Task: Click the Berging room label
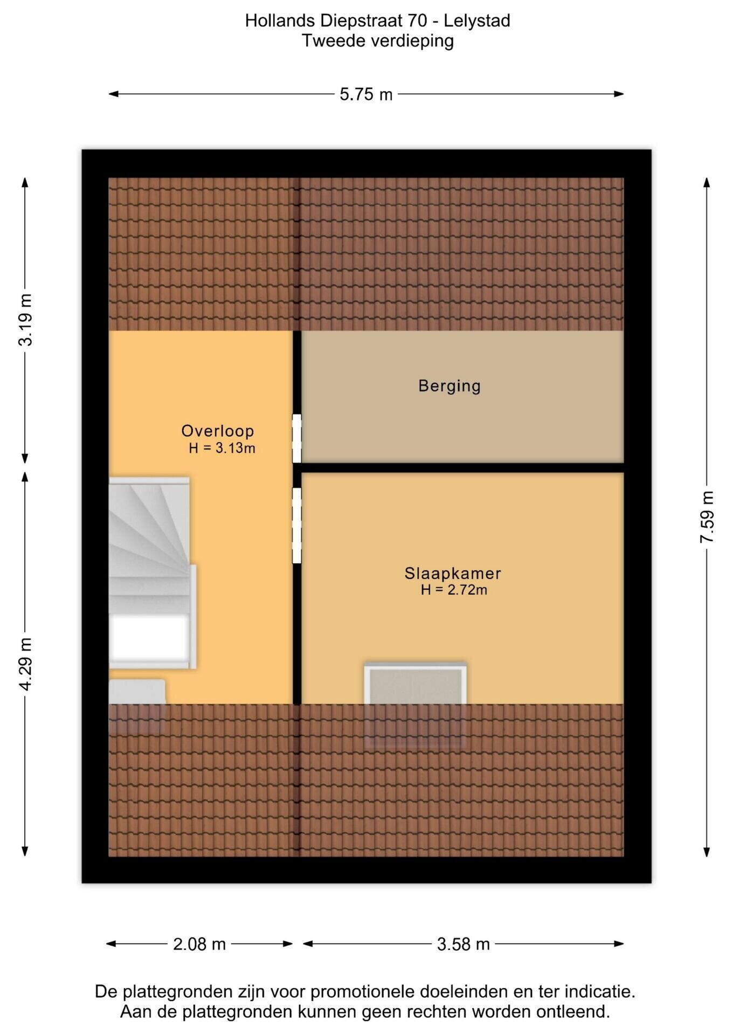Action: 449,386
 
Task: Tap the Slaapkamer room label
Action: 453,573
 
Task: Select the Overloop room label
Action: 217,431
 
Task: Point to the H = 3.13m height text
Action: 222,448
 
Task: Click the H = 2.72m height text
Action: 454,590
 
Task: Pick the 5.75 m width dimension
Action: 366,94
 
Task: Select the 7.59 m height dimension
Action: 707,517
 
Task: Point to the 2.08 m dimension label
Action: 199,944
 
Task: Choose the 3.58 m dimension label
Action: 463,944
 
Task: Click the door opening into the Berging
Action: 297,438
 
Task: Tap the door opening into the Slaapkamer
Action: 297,526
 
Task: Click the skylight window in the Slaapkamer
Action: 415,704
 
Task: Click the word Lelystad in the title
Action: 477,21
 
